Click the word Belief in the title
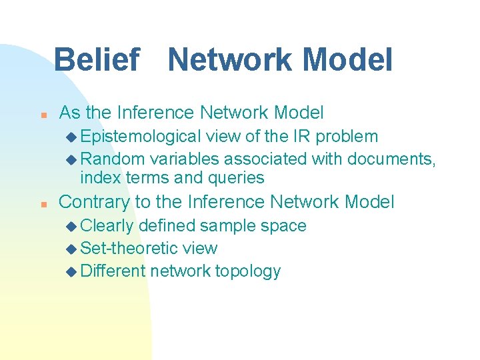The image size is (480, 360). (x=96, y=60)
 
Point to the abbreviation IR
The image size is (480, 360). (x=302, y=137)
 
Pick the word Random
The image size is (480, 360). (x=113, y=159)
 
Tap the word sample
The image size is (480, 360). (x=222, y=226)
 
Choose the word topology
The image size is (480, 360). (x=247, y=271)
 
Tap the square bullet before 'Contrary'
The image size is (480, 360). (x=42, y=203)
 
